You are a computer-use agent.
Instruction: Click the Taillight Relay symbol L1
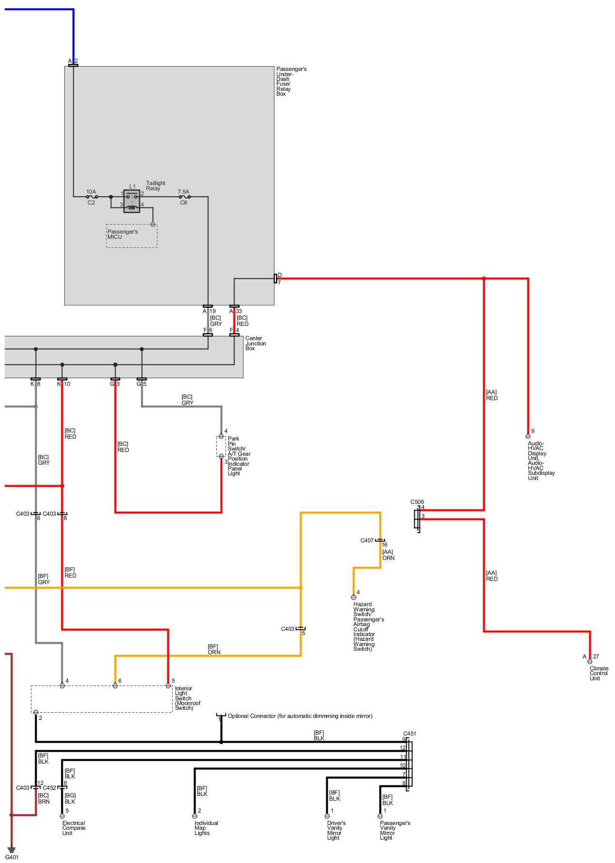(132, 201)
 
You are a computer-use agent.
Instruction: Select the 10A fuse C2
(92, 196)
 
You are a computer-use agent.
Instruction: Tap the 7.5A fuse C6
(184, 196)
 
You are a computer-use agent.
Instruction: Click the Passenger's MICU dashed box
(132, 235)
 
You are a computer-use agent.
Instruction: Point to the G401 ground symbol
(11, 850)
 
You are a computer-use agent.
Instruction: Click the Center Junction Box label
(255, 343)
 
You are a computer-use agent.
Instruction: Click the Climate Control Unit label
(598, 673)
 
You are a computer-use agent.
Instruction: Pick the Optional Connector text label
(300, 716)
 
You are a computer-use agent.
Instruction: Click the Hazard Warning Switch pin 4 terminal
(353, 598)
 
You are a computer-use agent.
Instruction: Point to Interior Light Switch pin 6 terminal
(115, 686)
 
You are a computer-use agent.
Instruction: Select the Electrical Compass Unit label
(74, 828)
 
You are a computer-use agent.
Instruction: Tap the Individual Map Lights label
(206, 828)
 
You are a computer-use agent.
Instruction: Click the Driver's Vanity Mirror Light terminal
(327, 816)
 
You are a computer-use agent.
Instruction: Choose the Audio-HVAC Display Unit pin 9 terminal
(528, 436)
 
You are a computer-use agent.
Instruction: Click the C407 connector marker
(380, 540)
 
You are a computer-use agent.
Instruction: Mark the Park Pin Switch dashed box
(221, 446)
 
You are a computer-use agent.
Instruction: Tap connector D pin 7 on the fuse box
(275, 278)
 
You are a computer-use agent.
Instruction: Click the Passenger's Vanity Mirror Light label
(395, 830)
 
